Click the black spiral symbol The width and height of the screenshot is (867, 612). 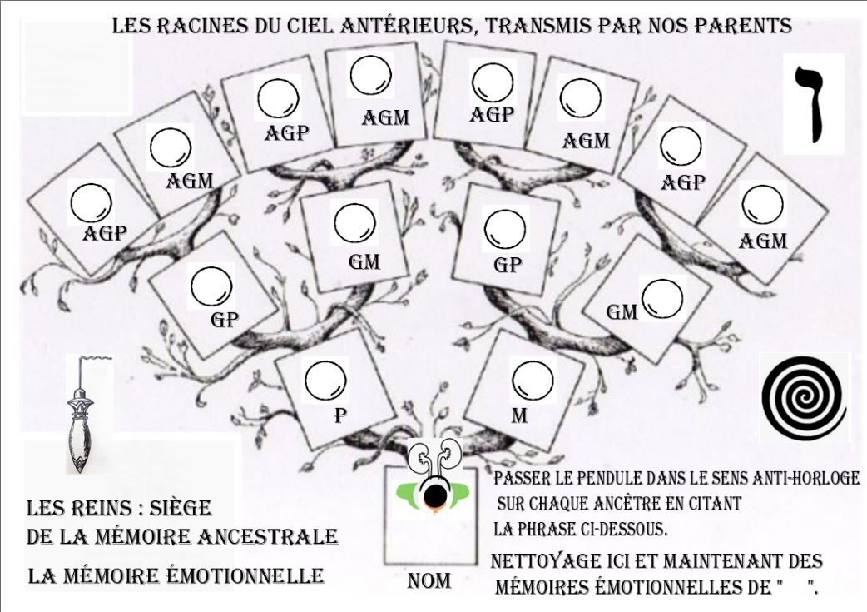click(x=804, y=396)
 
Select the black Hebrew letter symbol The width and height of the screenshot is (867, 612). click(x=812, y=104)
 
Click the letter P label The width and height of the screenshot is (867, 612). click(x=340, y=415)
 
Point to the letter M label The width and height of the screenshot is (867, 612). click(x=518, y=415)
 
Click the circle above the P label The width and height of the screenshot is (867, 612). click(x=325, y=382)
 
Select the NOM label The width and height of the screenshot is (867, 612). click(x=429, y=581)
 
